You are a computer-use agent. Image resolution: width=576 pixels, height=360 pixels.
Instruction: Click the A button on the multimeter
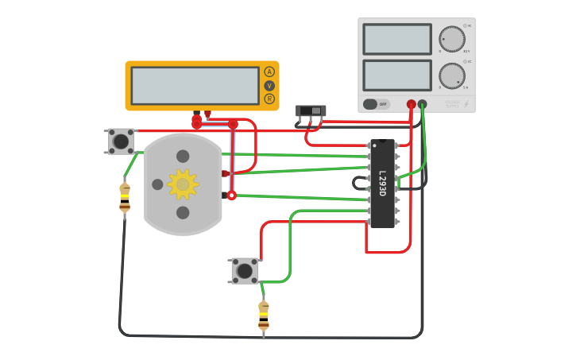269,72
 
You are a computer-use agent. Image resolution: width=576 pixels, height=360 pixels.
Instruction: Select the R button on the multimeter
269,99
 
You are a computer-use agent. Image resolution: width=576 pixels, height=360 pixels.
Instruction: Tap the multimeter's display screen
195,85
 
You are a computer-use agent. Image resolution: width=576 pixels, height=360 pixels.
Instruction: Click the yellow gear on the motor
183,184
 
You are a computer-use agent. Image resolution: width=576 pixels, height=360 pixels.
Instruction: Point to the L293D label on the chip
382,184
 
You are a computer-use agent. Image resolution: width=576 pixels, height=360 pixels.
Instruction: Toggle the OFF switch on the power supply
377,104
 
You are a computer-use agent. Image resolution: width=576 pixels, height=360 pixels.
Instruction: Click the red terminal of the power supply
411,104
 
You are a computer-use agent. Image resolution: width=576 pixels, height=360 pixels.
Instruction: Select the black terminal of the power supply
422,104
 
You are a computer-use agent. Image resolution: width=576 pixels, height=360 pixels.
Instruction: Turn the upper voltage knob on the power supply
452,39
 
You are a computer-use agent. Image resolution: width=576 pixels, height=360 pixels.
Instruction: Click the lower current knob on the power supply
452,75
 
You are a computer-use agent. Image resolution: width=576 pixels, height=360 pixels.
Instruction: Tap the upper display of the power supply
397,39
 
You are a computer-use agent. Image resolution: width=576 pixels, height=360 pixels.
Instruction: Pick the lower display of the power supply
397,75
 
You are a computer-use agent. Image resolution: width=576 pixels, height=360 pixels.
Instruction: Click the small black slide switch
311,110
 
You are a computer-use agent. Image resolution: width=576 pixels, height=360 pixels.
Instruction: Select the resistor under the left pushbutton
125,197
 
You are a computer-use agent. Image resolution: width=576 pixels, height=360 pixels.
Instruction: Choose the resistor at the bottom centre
264,315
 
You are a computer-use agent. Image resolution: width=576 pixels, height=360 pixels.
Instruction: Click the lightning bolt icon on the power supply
466,104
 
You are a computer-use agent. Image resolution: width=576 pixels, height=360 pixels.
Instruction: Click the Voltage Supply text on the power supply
452,103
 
